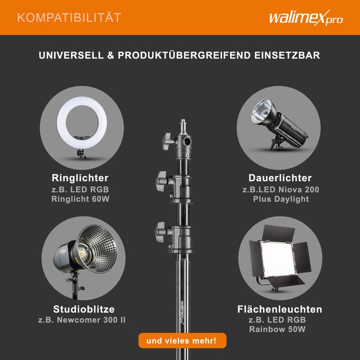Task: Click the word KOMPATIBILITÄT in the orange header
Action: (x=69, y=18)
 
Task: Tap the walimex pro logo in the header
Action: (x=306, y=18)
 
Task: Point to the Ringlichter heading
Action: (x=80, y=178)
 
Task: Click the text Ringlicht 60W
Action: (x=80, y=199)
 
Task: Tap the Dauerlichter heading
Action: (x=280, y=178)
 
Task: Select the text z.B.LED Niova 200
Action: (x=280, y=189)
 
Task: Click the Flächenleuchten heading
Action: (x=280, y=308)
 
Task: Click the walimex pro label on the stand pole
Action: (x=182, y=311)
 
